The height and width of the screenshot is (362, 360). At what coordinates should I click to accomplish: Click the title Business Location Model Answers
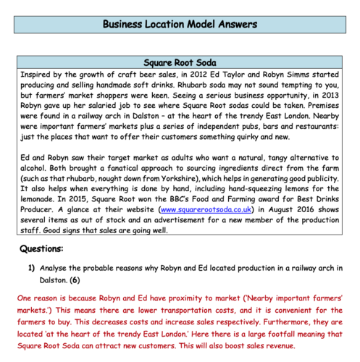(180, 24)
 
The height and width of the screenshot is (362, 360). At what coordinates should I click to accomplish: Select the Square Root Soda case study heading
(180, 63)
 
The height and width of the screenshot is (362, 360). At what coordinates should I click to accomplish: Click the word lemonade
(41, 208)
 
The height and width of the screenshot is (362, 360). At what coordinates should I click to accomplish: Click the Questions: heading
(43, 248)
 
